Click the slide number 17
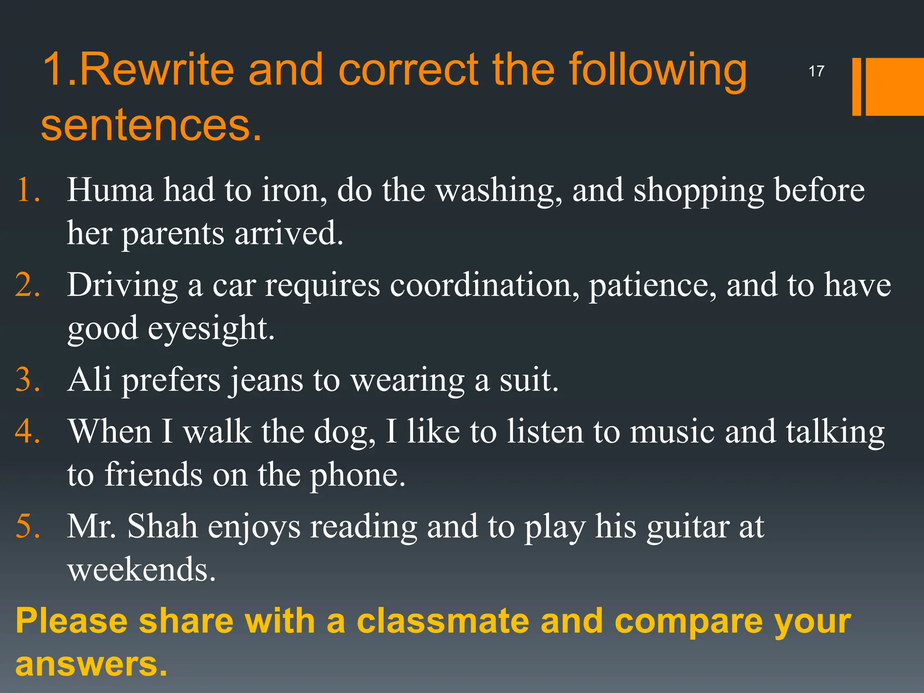tap(816, 71)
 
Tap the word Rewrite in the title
tap(157, 69)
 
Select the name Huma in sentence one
tap(111, 190)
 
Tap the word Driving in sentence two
tap(123, 286)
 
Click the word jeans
tap(266, 380)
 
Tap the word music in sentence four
tap(672, 431)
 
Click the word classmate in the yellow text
tap(443, 621)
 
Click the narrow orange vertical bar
tap(856, 87)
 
